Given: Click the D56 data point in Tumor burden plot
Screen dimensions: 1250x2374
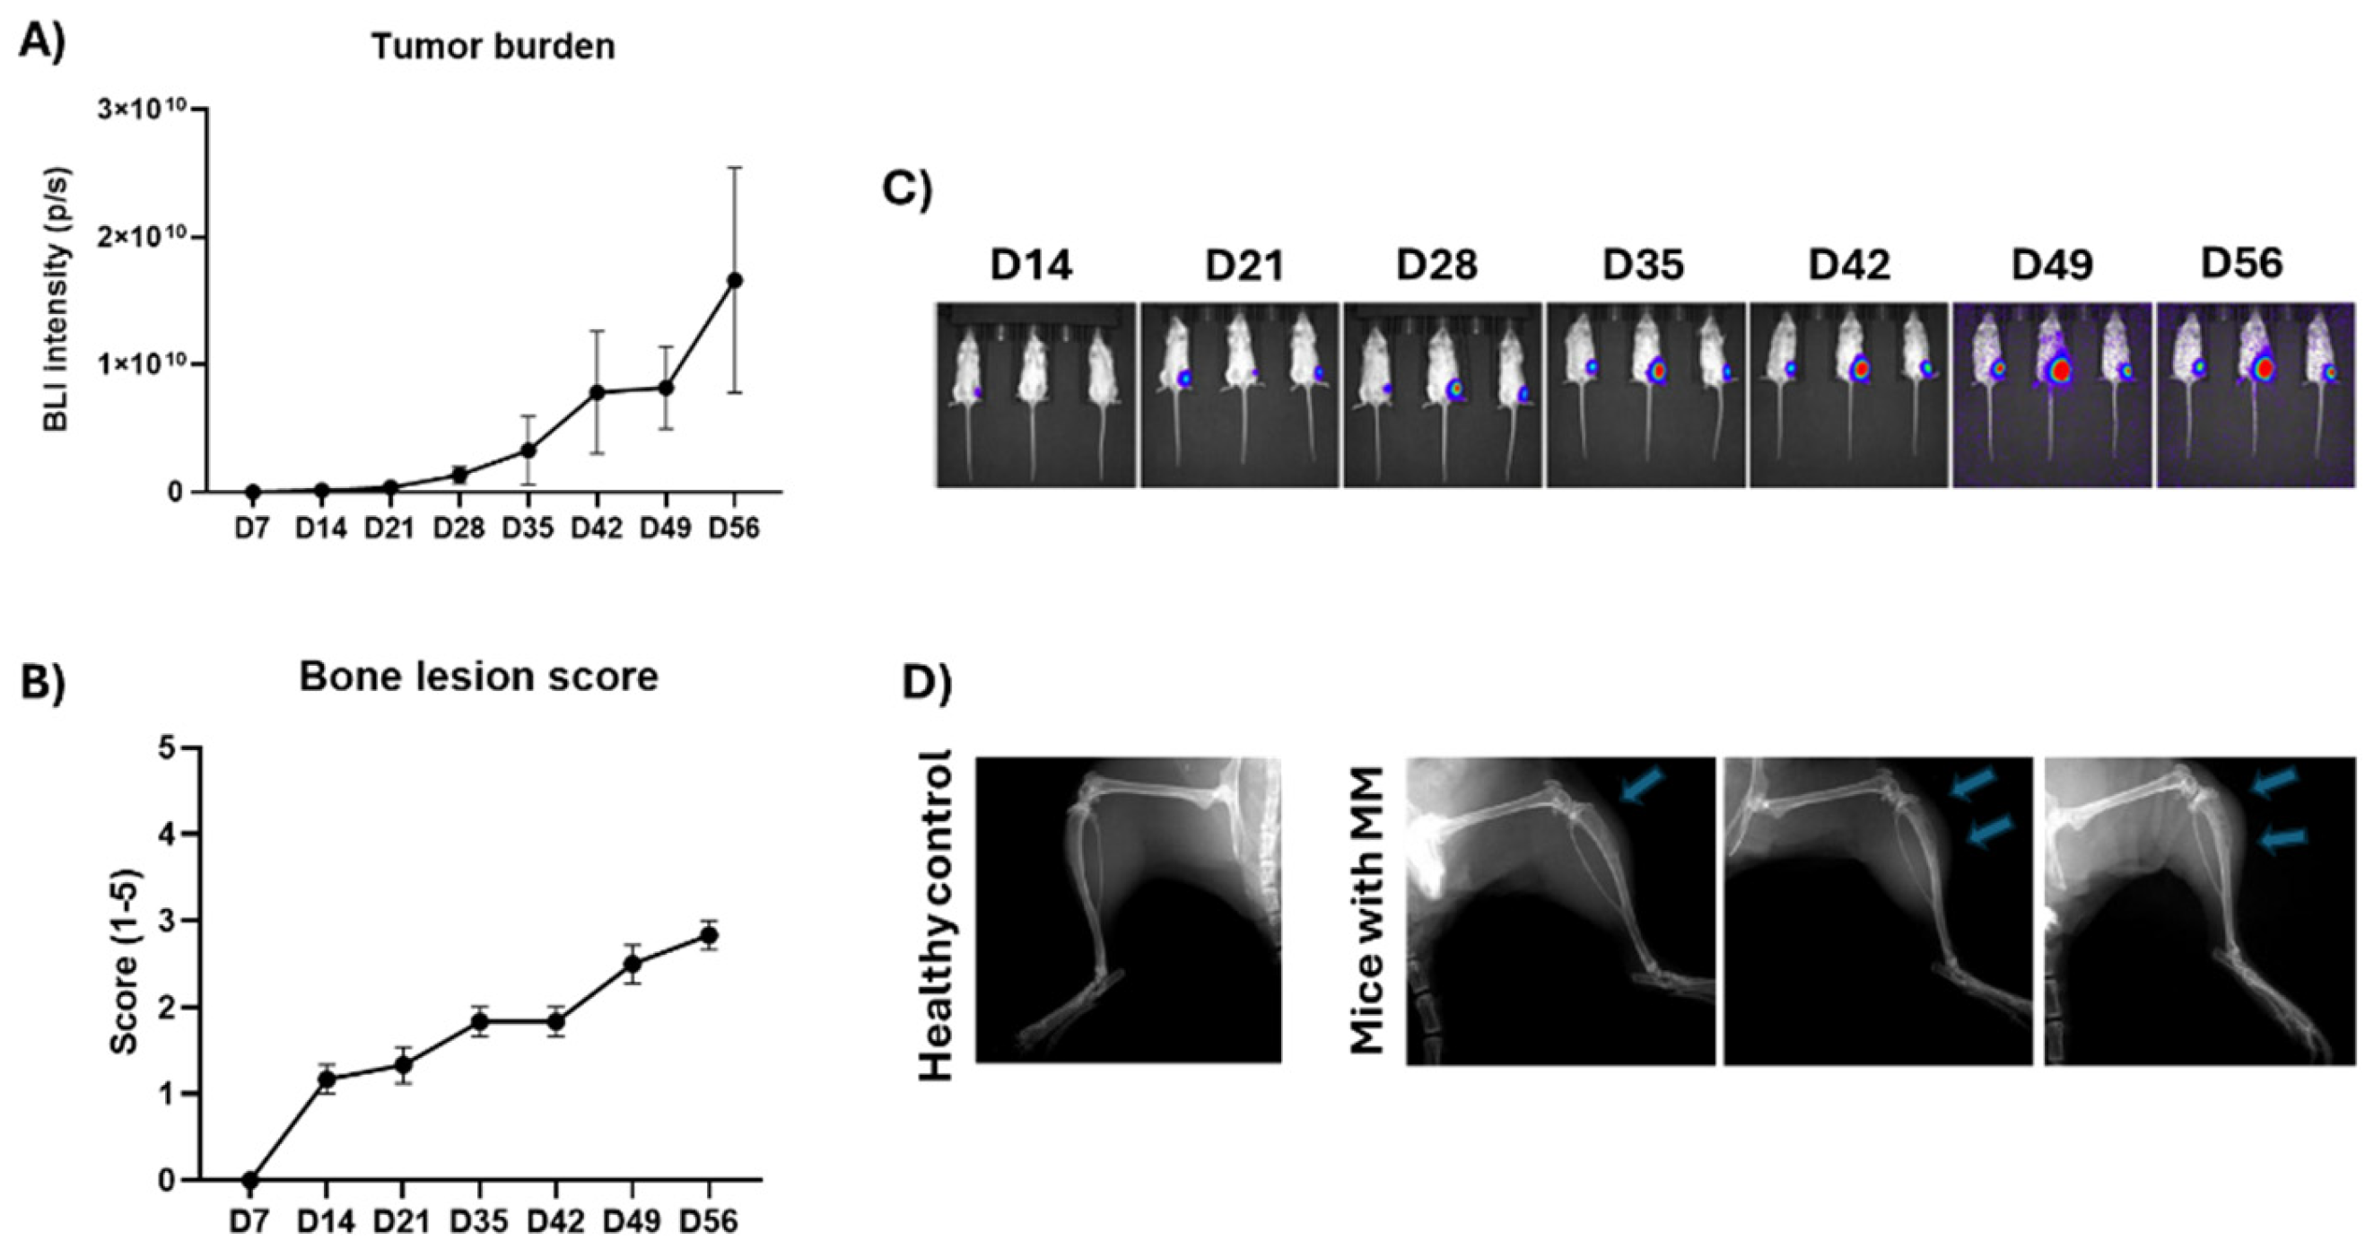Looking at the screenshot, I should pyautogui.click(x=735, y=280).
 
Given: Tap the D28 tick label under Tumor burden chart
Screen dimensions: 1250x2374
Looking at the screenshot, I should pyautogui.click(x=459, y=530).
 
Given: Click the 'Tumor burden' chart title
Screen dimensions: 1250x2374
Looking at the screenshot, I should pyautogui.click(x=493, y=47).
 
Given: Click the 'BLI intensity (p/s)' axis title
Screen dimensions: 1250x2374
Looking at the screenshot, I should pyautogui.click(x=57, y=300).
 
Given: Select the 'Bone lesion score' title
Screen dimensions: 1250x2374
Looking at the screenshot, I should pyautogui.click(x=478, y=677).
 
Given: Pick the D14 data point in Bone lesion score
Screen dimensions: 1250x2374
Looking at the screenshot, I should pyautogui.click(x=326, y=1079).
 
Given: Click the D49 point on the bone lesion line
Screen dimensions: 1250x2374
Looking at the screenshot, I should pyautogui.click(x=633, y=965).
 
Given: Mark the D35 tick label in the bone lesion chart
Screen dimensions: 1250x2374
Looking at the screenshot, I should pyautogui.click(x=479, y=1222).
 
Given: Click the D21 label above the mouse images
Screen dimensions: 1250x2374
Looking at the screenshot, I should pyautogui.click(x=1244, y=266).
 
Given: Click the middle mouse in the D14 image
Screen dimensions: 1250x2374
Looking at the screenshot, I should pyautogui.click(x=1033, y=369).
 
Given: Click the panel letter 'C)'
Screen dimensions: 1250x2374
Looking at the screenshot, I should pyautogui.click(x=907, y=188).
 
